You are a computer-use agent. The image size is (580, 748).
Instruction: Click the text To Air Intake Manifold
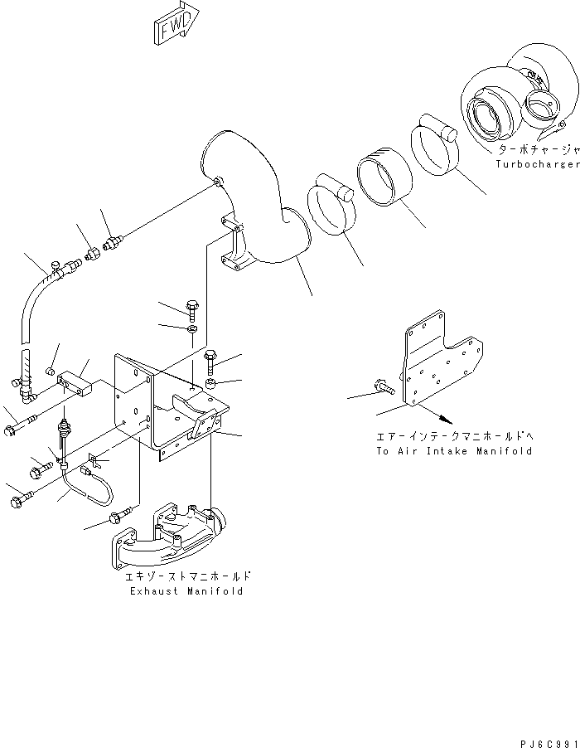[x=453, y=451]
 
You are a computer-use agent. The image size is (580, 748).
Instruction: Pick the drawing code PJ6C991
[x=545, y=732]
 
